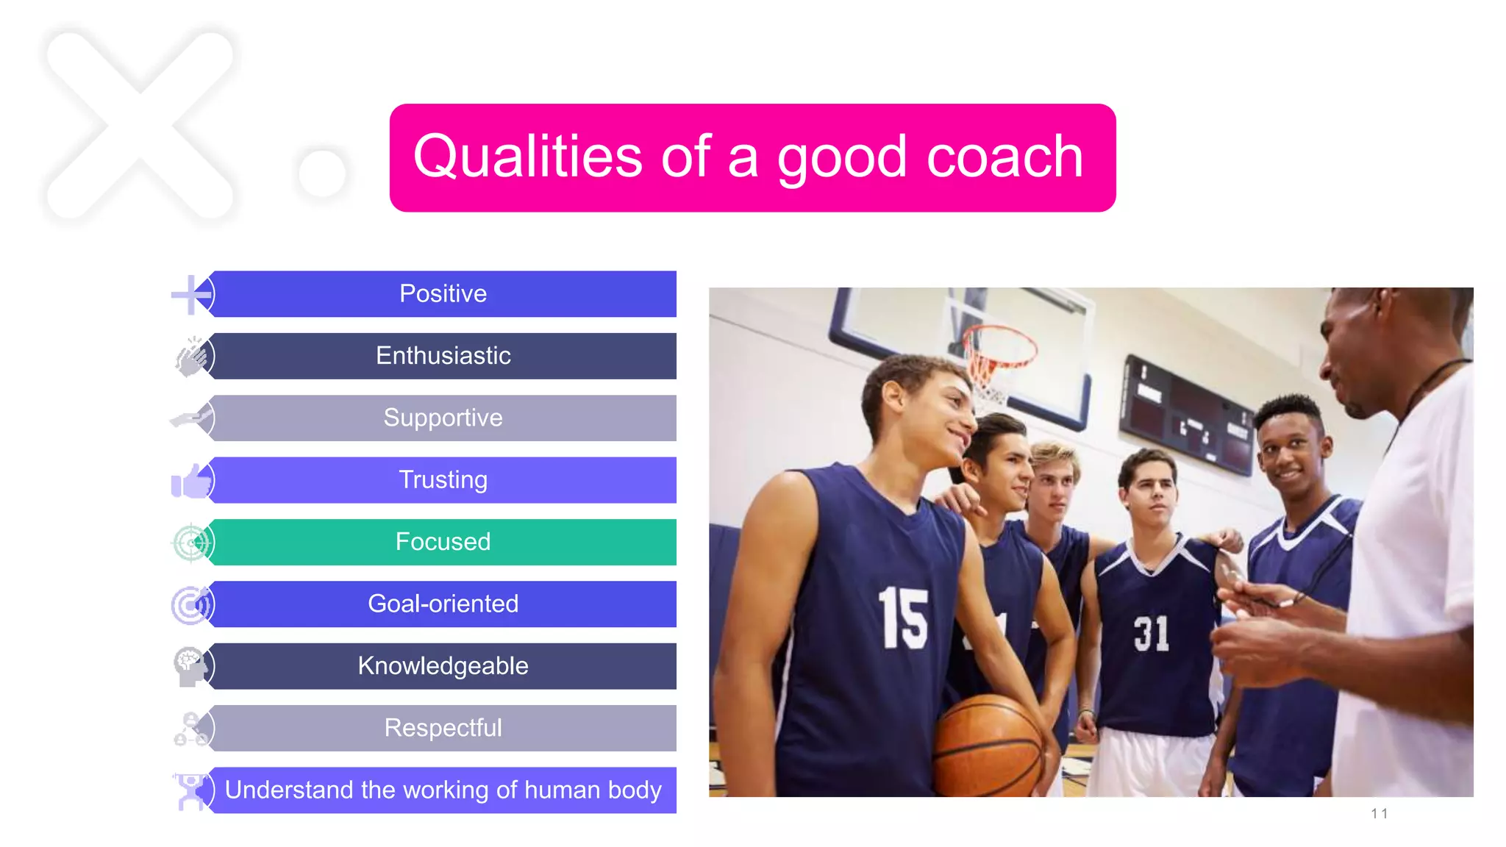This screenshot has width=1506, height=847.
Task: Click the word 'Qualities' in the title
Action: [527, 157]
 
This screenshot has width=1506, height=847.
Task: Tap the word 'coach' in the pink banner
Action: [1004, 157]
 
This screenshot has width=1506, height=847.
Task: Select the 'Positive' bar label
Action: [443, 294]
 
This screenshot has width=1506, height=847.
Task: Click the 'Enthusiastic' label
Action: [443, 356]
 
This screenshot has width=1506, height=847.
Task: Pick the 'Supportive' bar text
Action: [443, 418]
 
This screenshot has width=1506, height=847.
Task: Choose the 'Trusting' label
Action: [443, 480]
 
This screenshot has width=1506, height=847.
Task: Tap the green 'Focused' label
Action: [443, 542]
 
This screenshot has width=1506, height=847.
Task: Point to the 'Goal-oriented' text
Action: [443, 604]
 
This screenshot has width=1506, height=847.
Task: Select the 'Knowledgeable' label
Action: [443, 666]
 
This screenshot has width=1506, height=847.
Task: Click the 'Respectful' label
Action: [443, 728]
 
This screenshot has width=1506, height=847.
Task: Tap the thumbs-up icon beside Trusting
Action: [190, 482]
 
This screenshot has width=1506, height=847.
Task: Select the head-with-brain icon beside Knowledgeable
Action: [190, 666]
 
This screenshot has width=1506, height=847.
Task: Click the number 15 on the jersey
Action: [903, 618]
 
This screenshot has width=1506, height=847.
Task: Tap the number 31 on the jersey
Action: [1151, 634]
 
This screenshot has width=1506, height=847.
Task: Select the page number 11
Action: [1379, 814]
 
